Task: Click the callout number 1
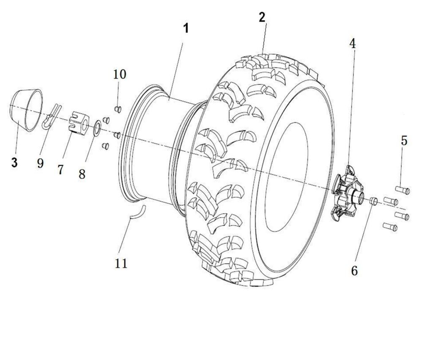point(186,29)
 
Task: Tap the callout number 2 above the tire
point(263,17)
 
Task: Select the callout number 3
point(15,163)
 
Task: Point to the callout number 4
point(352,43)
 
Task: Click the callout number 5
point(404,141)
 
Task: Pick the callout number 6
point(354,270)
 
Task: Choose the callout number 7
point(60,169)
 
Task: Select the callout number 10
point(119,74)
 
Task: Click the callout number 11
point(121,263)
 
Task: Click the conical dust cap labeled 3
point(27,110)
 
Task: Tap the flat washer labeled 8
point(96,128)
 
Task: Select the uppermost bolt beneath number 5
point(402,190)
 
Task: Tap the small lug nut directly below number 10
point(118,109)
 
